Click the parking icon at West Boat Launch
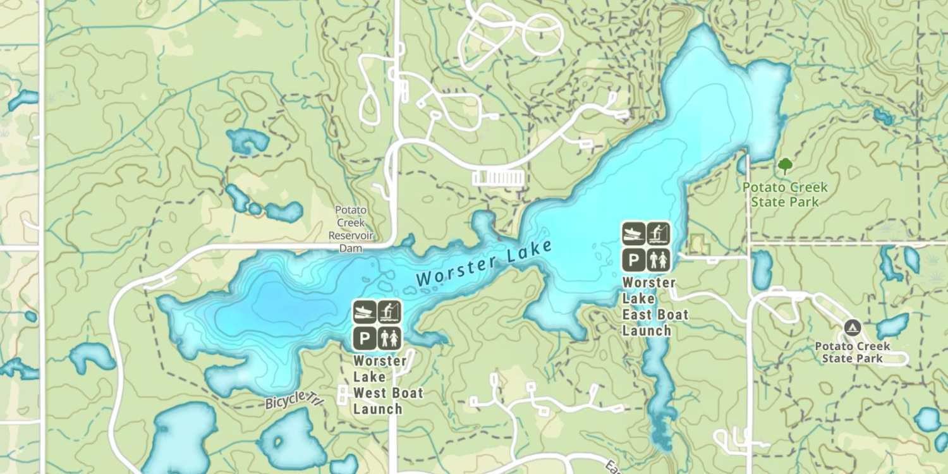[x=365, y=337]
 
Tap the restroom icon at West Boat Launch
[x=389, y=337]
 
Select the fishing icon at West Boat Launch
[x=389, y=312]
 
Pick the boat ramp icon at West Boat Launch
[x=365, y=312]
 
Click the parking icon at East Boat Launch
[x=634, y=259]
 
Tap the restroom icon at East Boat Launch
[x=659, y=259]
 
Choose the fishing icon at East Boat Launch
[x=659, y=234]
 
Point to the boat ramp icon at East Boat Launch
[x=634, y=234]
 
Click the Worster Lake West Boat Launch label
[x=387, y=385]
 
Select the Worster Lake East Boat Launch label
[x=655, y=307]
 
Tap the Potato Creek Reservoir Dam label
[x=351, y=229]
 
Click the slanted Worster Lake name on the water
[x=484, y=263]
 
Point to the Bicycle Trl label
[x=295, y=399]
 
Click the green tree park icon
[x=785, y=166]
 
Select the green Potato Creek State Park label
[x=785, y=195]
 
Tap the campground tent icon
[x=852, y=328]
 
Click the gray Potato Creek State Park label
[x=852, y=352]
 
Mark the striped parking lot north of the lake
[x=499, y=178]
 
